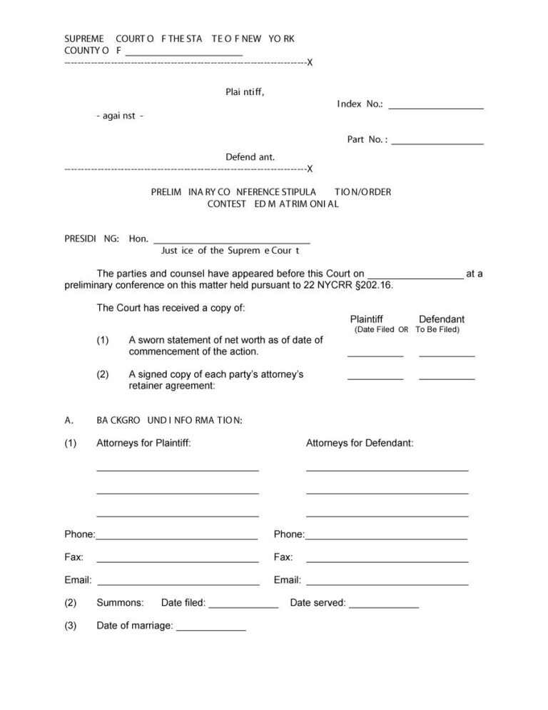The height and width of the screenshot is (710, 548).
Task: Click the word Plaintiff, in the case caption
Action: [x=245, y=91]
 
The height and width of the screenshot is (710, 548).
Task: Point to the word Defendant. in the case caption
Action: [x=250, y=157]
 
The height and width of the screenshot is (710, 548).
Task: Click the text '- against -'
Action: [x=120, y=116]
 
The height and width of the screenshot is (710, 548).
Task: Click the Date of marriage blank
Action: [x=210, y=628]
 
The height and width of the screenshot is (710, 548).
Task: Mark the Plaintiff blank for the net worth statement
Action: [x=375, y=353]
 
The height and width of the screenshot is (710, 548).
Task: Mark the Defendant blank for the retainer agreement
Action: [x=447, y=376]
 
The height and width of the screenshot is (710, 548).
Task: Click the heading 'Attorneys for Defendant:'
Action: [x=360, y=443]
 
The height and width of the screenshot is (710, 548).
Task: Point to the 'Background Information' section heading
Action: [x=169, y=420]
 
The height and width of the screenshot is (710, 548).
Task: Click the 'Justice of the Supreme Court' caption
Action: [x=230, y=251]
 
